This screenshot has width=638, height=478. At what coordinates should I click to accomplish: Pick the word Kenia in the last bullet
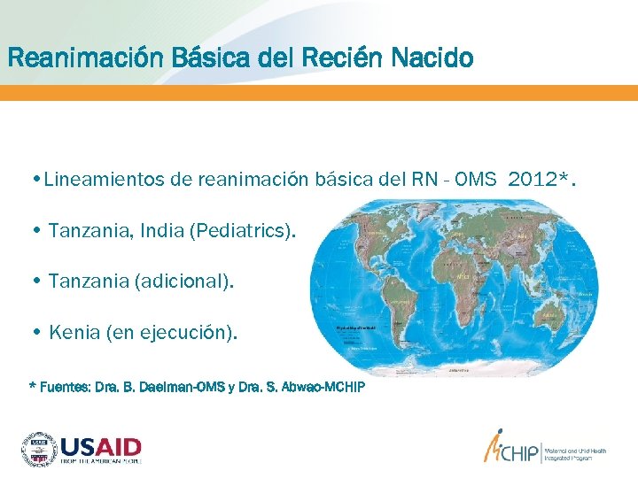(x=74, y=333)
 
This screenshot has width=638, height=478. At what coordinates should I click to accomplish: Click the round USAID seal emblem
(x=38, y=449)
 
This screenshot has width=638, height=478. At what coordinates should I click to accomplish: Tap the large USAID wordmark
(x=101, y=444)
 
